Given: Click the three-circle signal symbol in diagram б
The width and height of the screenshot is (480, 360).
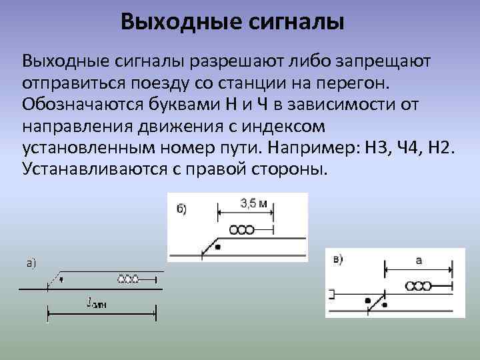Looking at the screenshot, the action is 241,230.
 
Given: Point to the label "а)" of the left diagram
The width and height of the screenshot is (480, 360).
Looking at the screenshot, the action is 31,263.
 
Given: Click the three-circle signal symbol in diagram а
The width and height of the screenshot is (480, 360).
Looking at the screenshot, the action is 128,279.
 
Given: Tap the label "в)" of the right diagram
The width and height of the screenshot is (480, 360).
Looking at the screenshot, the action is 339,259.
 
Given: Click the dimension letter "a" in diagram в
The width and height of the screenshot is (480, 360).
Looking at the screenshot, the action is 419,261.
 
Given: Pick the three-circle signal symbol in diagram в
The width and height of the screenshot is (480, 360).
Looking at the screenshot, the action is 418,286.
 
